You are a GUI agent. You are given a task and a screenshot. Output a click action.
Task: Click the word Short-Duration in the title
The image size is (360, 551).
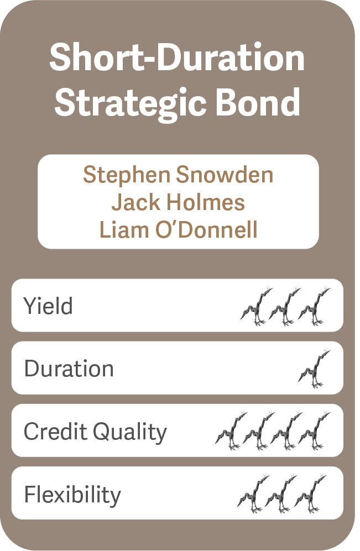pos(177,57)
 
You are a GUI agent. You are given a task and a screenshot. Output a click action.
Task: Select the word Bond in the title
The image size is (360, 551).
pos(258,102)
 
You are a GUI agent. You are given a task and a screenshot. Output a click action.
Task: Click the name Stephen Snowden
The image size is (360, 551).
pos(178,175)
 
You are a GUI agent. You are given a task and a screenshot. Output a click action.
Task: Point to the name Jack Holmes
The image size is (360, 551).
pos(178,202)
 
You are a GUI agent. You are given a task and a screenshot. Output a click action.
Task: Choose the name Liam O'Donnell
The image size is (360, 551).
pos(179,230)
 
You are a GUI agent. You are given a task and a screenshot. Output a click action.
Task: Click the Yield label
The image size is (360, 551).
pos(48,306)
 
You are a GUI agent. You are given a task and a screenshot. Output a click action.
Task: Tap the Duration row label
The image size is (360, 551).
pos(69,368)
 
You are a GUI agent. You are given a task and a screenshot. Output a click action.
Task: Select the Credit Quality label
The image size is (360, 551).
pos(95,432)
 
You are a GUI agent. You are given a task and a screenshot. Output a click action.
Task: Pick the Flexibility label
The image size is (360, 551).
pos(72,494)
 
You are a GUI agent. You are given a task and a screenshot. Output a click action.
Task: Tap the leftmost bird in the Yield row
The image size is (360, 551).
pos(257,306)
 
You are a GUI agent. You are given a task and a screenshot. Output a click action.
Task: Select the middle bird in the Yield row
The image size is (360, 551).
pos(285,306)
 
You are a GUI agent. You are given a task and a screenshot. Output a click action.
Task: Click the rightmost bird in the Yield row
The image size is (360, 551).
pos(314,306)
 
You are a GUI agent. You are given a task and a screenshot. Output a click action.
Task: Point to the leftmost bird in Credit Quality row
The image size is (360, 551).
pos(231,431)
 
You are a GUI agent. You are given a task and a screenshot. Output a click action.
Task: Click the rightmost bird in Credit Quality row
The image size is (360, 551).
pos(314,431)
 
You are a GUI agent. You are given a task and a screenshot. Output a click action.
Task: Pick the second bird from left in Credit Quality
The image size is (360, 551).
pos(258,431)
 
